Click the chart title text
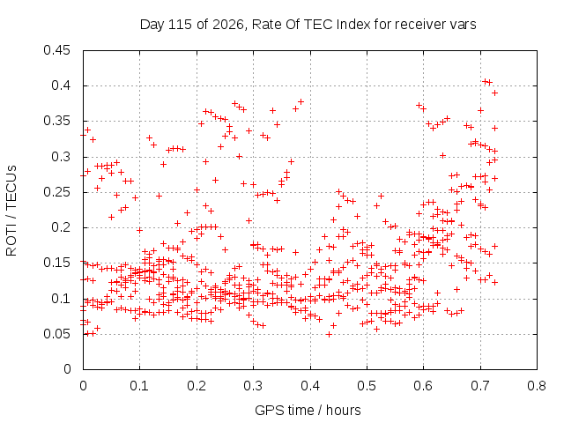308,25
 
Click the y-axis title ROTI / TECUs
11,211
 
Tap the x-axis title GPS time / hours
308,410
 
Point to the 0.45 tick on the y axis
56,50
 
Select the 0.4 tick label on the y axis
61,85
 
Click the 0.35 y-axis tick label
56,121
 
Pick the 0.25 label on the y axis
56,192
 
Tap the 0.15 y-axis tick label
56,263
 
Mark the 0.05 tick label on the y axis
56,334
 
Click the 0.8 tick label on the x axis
537,386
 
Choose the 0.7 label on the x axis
480,386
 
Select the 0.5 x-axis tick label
367,386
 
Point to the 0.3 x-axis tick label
253,386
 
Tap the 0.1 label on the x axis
139,386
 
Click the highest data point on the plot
486,81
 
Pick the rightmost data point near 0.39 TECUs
495,93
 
